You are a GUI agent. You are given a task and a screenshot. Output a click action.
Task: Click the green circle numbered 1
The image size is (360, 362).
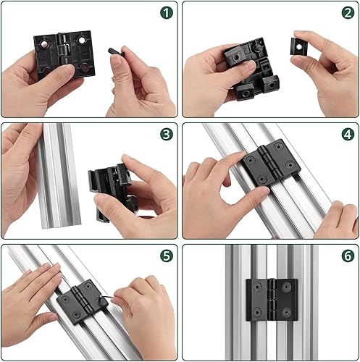pos(167,13)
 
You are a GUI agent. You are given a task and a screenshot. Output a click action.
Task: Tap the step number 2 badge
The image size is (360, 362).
pos(348,13)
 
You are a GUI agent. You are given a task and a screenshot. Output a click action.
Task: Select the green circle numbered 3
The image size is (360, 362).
pos(167,134)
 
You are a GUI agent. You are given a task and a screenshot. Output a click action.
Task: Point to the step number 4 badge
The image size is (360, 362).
pos(348,134)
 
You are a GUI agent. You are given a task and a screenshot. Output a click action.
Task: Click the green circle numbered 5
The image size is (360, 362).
pos(167,256)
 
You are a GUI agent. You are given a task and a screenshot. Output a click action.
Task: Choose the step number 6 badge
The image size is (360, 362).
pos(348,256)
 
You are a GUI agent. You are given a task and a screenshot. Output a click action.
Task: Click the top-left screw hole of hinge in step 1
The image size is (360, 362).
pos(44,43)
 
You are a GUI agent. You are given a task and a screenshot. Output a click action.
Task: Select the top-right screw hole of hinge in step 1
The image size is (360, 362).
pos(82,40)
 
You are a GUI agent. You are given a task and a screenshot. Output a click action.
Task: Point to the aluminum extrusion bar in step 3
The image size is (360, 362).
pos(58,176)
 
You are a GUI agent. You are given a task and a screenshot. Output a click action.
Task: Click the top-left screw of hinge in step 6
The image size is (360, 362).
pos(257,287)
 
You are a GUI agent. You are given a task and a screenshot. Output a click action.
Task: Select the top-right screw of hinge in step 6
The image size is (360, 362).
pos(286,287)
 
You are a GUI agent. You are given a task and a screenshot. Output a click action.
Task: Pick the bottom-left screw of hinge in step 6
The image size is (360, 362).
pos(257,312)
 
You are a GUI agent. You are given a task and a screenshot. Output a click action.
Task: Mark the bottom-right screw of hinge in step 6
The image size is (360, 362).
pos(286,312)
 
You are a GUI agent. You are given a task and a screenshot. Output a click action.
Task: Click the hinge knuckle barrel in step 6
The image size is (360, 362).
pos(272,300)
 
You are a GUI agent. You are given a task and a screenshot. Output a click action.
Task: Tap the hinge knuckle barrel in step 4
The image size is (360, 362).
pos(269,162)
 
